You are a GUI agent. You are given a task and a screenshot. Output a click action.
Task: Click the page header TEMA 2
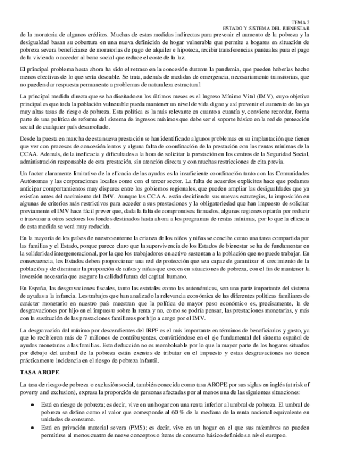coord(300,21)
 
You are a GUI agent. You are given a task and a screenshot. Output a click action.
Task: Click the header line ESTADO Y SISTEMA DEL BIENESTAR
coord(266,27)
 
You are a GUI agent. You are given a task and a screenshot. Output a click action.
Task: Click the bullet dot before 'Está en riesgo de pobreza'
coord(32,403)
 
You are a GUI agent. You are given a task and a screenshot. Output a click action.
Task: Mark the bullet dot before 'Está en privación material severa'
coord(32,428)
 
